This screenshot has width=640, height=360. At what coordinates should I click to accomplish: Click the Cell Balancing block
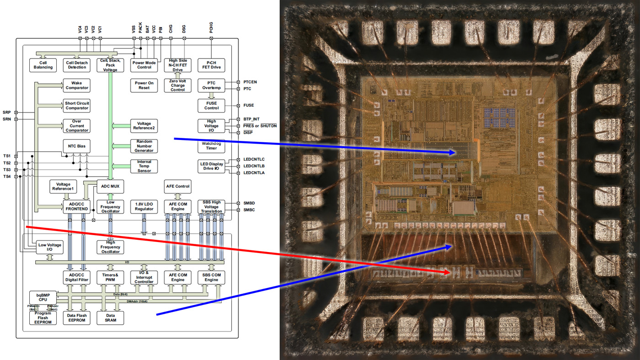43,64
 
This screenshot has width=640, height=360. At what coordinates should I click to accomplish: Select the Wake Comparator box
77,85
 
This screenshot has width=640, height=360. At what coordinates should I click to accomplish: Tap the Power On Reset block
144,85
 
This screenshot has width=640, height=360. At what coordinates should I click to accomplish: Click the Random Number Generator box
144,146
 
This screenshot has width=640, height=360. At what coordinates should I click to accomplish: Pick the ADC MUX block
110,187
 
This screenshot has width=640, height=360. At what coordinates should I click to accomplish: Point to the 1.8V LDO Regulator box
144,207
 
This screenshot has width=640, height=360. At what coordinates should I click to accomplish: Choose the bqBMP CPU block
43,297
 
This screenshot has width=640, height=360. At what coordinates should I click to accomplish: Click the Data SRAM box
110,317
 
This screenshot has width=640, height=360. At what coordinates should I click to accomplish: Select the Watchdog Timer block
211,145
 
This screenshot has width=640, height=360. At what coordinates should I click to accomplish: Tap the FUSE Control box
211,106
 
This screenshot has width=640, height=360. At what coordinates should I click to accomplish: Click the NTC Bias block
77,146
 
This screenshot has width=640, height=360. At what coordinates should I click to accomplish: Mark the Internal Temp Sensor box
144,166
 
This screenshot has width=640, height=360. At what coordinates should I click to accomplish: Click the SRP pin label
6,112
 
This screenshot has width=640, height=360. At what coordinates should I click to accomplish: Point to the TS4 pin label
6,176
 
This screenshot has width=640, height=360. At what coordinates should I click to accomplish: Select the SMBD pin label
249,203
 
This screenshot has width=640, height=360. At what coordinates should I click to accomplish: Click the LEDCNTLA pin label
254,173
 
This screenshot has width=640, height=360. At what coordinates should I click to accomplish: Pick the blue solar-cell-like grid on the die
499,118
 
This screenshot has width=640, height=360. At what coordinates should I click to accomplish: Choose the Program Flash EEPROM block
43,317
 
